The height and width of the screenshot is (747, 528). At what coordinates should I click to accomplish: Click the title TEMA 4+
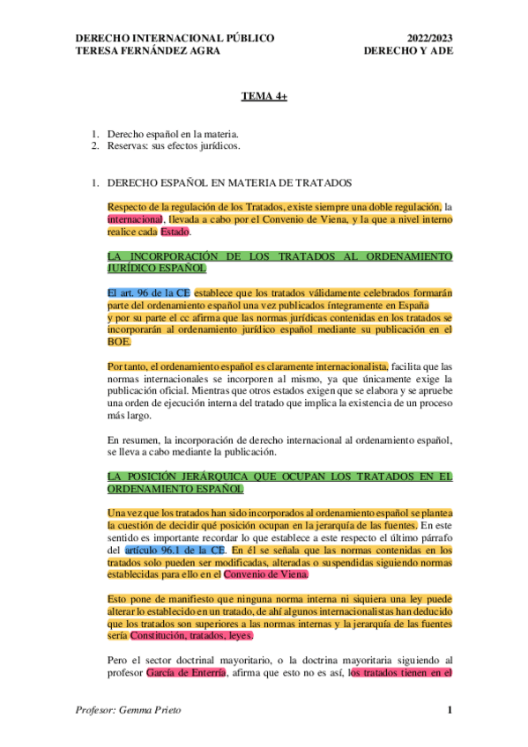264,97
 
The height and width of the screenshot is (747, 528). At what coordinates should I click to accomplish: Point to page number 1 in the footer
449,710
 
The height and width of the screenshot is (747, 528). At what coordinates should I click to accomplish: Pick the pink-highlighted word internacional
135,218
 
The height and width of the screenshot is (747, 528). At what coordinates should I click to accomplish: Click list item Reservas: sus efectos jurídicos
174,145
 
